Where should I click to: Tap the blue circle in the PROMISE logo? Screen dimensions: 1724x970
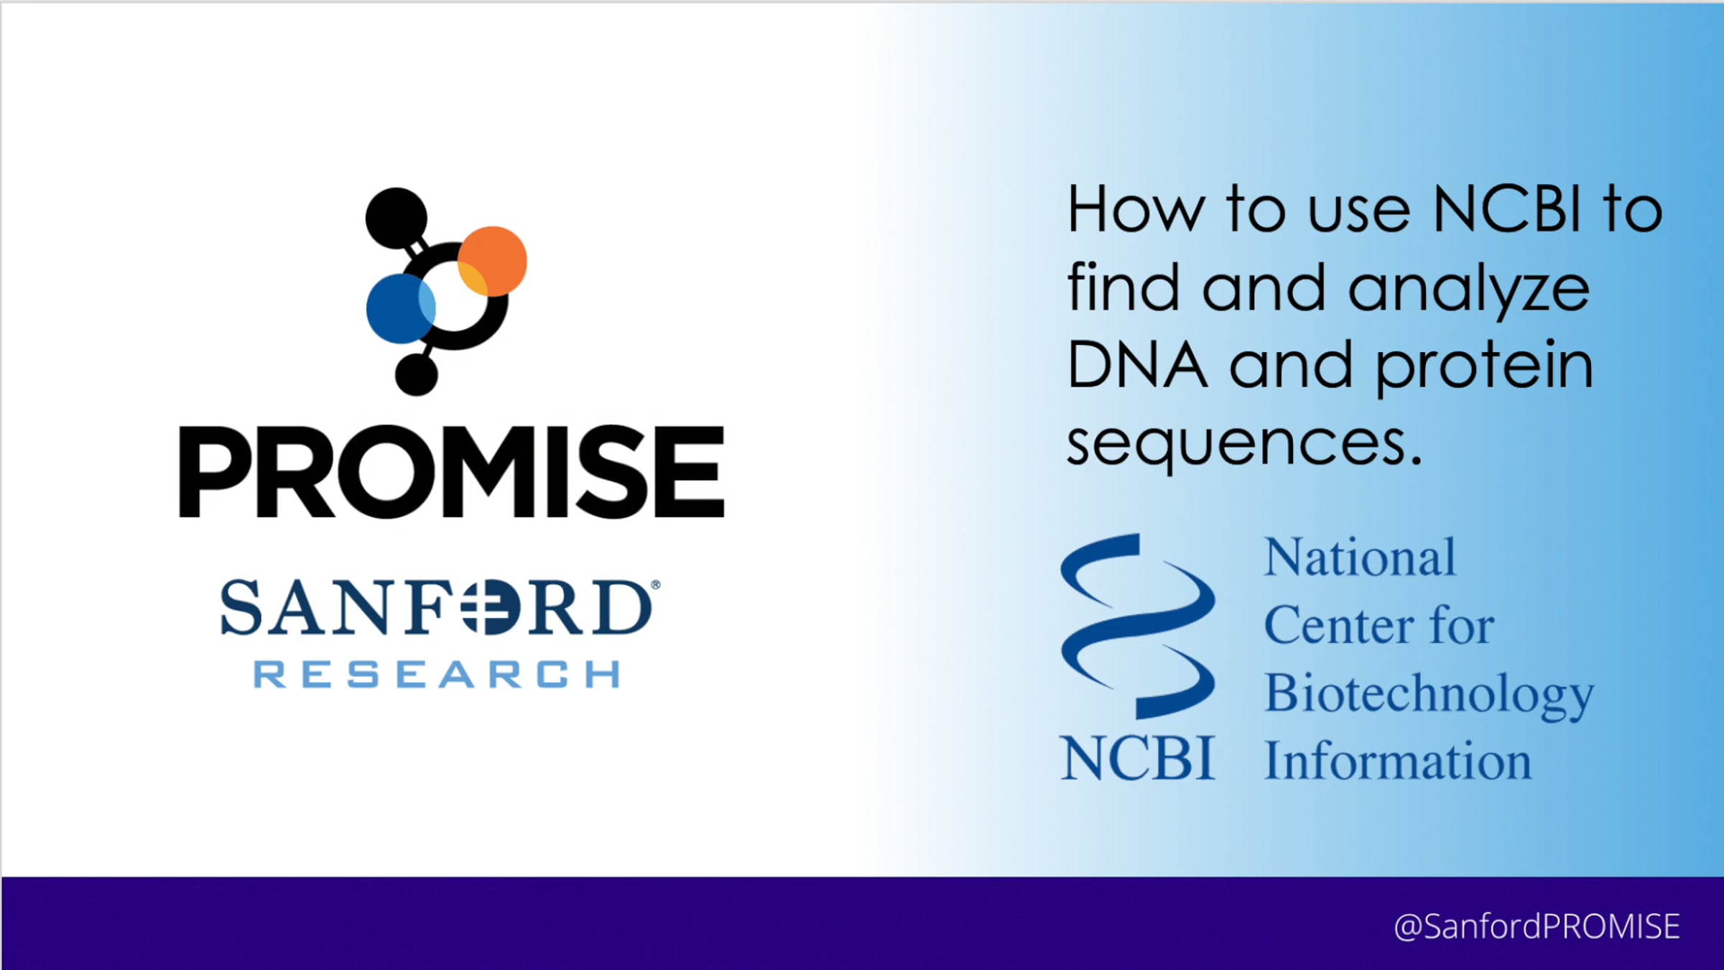(401, 308)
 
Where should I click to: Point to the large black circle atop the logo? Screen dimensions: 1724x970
(396, 218)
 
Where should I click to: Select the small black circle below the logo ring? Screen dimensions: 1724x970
(417, 374)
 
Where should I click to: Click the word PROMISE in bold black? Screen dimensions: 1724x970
(452, 471)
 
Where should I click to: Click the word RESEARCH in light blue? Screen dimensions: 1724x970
(437, 675)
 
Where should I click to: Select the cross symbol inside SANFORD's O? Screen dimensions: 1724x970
(479, 608)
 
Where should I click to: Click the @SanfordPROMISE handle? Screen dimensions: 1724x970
(1537, 926)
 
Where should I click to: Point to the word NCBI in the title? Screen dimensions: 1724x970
(1506, 210)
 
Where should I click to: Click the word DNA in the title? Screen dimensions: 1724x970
(1136, 365)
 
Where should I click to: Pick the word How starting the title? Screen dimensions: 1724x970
(1136, 210)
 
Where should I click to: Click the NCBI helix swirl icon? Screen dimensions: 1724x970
(1138, 625)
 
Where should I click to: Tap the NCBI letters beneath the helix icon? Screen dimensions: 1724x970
(1138, 759)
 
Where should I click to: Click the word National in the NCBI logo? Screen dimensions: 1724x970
(1360, 558)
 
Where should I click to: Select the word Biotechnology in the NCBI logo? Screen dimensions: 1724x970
(1429, 695)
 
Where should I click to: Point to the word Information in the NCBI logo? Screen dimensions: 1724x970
(1398, 760)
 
